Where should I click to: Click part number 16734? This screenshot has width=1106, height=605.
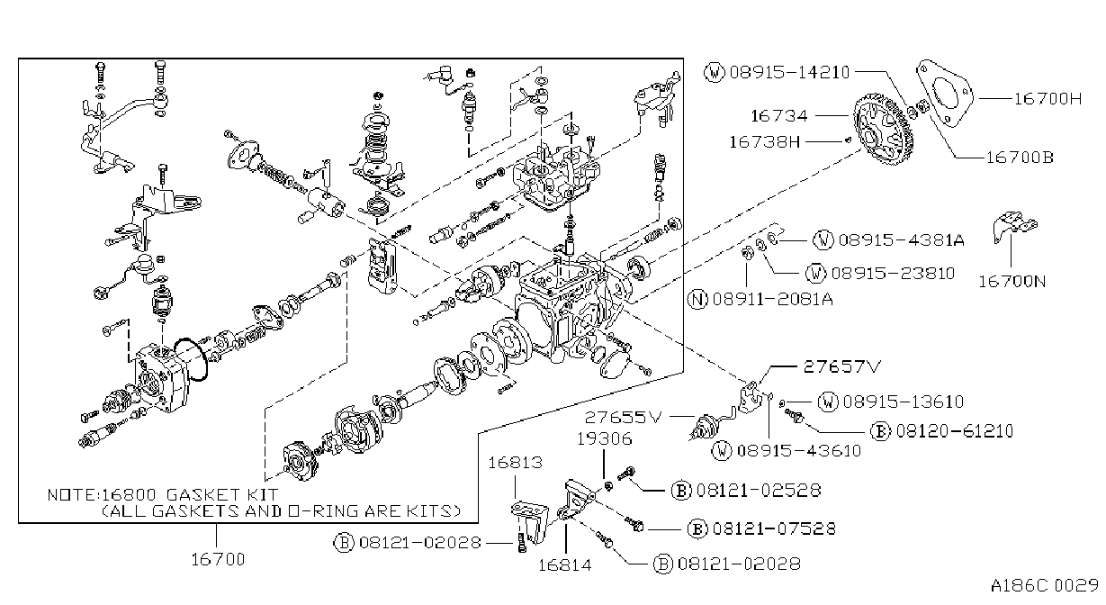(x=779, y=116)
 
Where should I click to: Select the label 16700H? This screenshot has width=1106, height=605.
(x=1048, y=99)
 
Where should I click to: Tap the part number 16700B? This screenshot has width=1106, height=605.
(x=1021, y=158)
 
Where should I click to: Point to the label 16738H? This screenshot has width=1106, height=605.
(x=765, y=142)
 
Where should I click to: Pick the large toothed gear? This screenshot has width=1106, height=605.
(x=884, y=129)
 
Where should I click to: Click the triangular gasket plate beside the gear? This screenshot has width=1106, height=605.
(x=945, y=93)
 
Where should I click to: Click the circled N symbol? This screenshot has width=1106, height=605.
(x=697, y=299)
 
